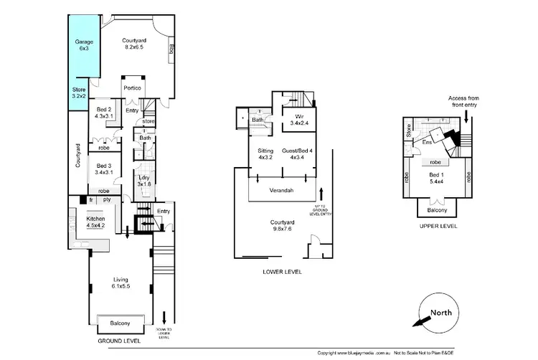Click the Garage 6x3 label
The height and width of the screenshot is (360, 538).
pos(84,46)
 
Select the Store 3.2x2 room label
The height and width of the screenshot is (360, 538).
pos(79,93)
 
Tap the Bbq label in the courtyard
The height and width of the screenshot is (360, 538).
pos(172,49)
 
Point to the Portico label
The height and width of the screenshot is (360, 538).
pos(132,87)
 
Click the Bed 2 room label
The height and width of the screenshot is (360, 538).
pos(105,113)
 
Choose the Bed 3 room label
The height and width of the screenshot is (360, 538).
pos(105,169)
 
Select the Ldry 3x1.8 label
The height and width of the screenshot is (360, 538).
pos(144,181)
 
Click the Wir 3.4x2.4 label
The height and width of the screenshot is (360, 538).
pos(297,120)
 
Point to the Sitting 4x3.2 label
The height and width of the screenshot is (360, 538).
pos(265,154)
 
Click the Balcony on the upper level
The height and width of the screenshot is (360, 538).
pos(437,210)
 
